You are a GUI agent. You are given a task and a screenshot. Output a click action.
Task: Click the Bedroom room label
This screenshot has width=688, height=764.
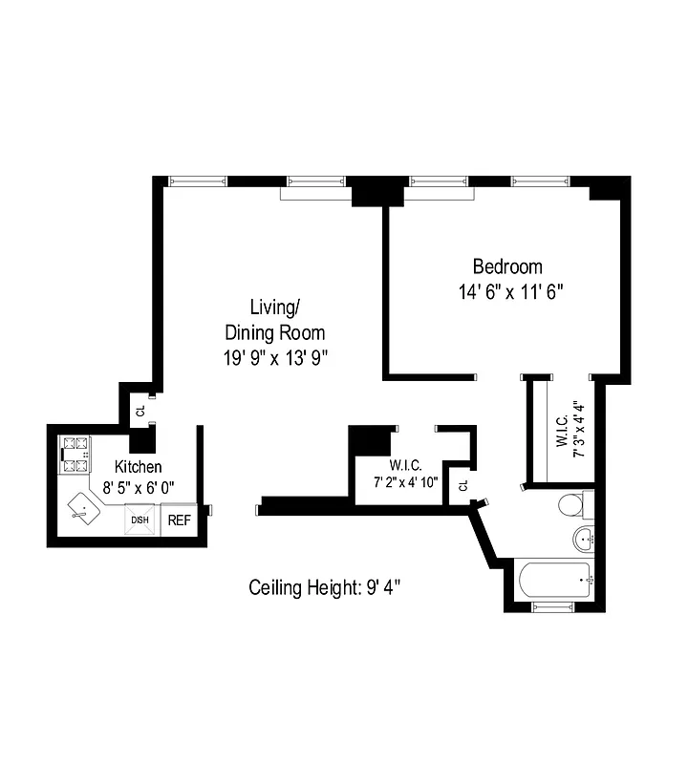(507, 266)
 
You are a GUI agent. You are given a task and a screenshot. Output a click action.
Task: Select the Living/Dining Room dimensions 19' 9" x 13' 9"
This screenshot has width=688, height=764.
(274, 358)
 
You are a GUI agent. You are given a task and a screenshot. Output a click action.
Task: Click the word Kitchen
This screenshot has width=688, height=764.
(138, 467)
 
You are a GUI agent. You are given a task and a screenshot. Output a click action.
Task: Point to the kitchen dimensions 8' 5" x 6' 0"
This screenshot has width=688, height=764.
(139, 486)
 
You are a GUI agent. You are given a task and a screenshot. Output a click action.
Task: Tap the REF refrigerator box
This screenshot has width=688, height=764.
(179, 520)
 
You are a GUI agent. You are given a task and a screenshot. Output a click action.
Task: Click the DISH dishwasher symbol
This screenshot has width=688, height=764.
(140, 520)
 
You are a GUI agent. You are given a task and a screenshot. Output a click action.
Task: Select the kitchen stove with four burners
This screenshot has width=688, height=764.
(74, 456)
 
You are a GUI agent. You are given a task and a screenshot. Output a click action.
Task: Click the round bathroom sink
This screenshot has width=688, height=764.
(585, 540)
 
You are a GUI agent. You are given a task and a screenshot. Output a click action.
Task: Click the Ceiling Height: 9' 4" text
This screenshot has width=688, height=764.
(324, 587)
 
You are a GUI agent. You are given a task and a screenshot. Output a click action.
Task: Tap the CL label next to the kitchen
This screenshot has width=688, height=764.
(140, 412)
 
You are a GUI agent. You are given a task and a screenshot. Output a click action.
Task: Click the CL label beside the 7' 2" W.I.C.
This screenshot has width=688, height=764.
(462, 485)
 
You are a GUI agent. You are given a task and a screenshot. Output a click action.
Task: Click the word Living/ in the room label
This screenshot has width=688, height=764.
(274, 308)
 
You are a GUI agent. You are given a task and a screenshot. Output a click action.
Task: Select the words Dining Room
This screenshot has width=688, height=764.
(274, 333)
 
